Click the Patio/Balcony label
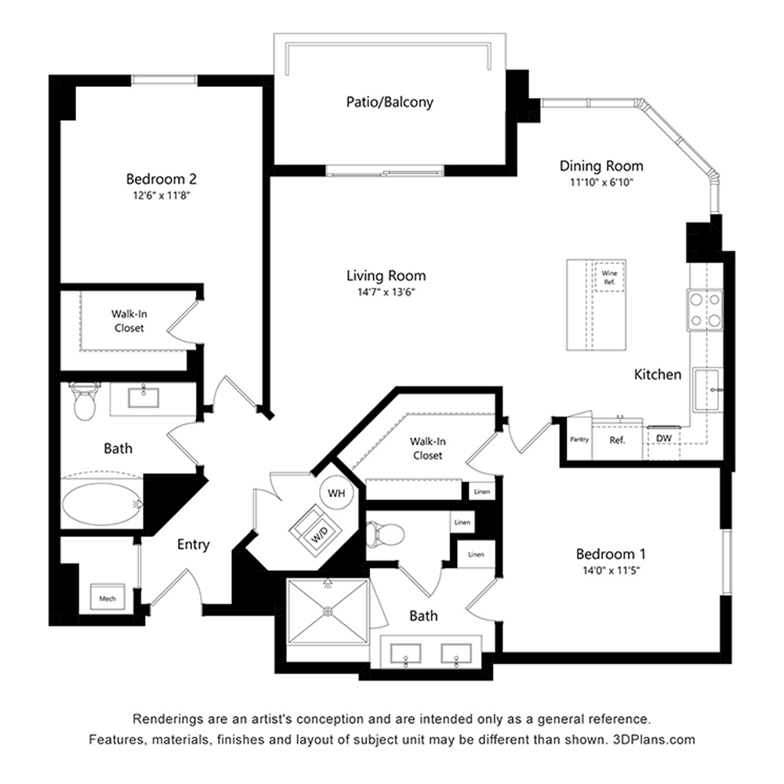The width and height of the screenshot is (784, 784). point(390,102)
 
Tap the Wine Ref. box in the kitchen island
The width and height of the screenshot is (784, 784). point(609,277)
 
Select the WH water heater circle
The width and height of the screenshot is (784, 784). point(336,493)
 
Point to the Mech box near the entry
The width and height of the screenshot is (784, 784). point(107,597)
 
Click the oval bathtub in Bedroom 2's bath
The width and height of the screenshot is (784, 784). point(102,504)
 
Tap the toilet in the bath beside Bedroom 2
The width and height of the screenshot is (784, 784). point(84,401)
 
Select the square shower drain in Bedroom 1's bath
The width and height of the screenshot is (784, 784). point(328,611)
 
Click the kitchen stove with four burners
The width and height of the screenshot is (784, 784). point(705,310)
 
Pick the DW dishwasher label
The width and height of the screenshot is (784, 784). point(663,438)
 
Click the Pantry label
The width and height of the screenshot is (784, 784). point(579,440)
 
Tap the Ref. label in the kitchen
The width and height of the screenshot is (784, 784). point(617,441)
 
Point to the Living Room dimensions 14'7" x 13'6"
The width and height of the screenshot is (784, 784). point(386,292)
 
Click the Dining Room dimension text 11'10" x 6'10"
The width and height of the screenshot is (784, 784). point(601,183)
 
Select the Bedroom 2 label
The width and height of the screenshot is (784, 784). point(161,179)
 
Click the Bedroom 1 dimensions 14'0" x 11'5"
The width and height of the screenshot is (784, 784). point(611,570)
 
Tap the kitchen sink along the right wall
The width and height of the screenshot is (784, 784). point(707,390)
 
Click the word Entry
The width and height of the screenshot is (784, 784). point(193,545)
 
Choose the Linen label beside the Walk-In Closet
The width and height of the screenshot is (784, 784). point(481,492)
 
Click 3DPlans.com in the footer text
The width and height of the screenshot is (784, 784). point(654,739)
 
